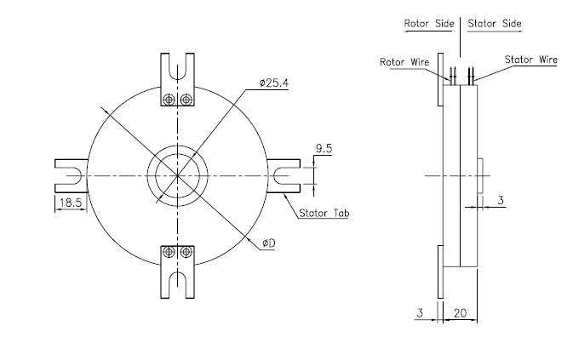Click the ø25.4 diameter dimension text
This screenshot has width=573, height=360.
point(276,83)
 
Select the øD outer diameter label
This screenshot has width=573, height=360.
point(268,243)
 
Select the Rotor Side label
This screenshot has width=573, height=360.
point(428,24)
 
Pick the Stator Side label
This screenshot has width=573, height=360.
point(495,24)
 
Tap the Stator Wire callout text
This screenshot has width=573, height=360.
point(530,60)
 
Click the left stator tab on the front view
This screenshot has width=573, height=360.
point(71,176)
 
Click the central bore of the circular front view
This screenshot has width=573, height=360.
point(178,176)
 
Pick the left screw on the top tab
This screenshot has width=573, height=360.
point(170,100)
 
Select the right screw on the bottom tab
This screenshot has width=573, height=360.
point(186,252)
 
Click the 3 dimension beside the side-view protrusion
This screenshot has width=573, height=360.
point(501,200)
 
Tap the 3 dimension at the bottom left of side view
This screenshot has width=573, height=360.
point(421,314)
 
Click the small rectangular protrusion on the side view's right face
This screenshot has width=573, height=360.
point(481,174)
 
